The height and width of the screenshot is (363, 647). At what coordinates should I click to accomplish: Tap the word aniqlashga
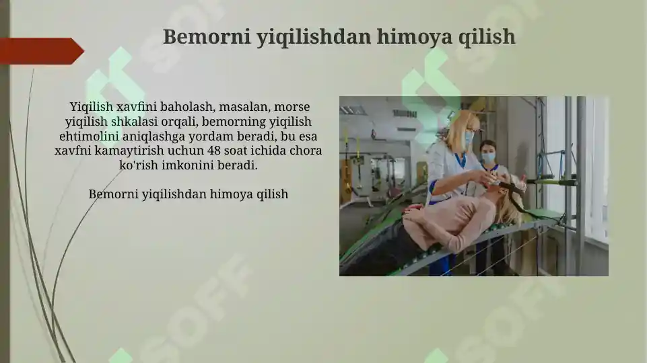[155, 136]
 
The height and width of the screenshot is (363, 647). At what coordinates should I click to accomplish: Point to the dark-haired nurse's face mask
[488, 157]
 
